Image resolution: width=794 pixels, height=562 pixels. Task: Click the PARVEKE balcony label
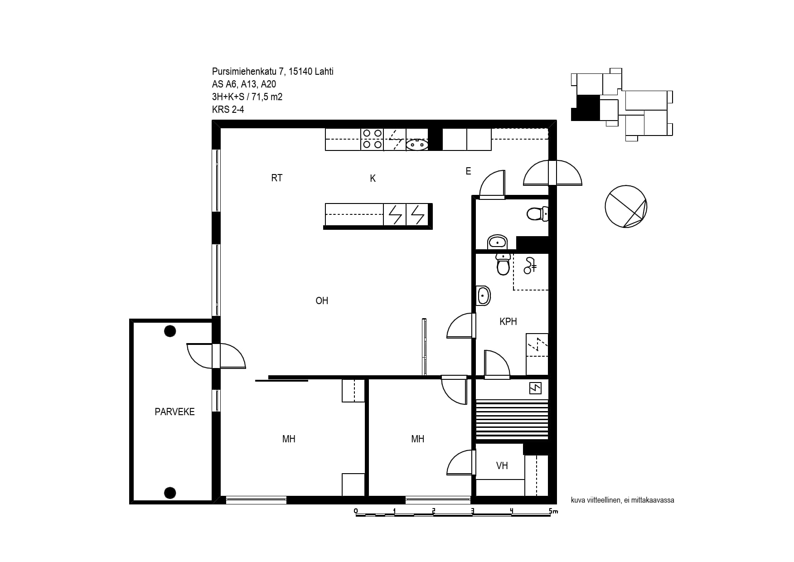[174, 412]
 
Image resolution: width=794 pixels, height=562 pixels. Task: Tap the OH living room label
[322, 300]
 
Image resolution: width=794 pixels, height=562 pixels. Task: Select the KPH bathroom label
[508, 321]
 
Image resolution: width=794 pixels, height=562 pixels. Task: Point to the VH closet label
[502, 465]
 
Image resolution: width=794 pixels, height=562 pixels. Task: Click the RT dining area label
[276, 178]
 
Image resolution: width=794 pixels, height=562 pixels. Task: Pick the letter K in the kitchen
[373, 179]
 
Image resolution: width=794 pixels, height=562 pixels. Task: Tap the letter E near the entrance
[468, 171]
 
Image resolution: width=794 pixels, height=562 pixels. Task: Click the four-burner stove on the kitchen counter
[372, 139]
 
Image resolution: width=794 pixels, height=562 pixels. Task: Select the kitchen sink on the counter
[417, 145]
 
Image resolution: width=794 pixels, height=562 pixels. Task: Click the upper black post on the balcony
[170, 331]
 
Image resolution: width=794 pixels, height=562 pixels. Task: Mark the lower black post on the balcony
[170, 492]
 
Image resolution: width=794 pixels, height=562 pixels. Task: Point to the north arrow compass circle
[626, 206]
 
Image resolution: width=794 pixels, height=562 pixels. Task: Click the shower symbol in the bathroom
[530, 266]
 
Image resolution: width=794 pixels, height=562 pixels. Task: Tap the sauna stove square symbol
[536, 388]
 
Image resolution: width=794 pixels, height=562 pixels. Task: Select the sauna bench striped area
[512, 419]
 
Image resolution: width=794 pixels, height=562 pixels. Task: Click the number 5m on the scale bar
[553, 511]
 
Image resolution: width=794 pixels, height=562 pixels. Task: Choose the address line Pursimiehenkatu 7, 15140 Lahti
[273, 72]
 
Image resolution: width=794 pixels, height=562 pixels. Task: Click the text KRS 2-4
[228, 109]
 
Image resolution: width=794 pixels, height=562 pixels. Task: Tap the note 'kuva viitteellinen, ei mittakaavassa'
[623, 500]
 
